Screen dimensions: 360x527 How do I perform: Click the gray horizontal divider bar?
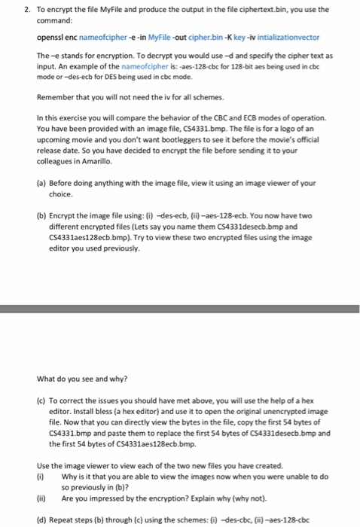(180, 309)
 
